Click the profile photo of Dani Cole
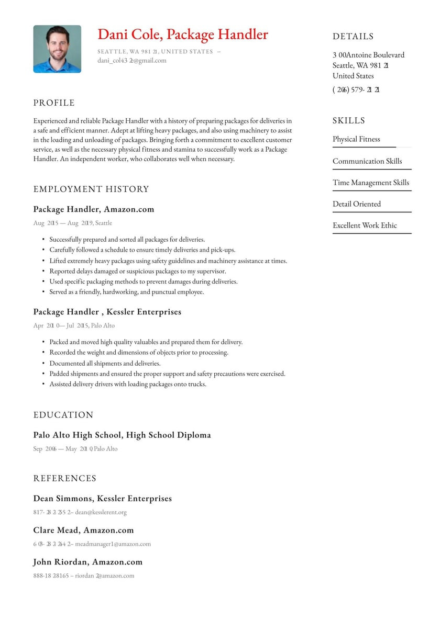coord(57,49)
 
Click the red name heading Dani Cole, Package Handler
coord(183,35)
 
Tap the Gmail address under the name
coord(131,60)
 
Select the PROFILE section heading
coord(54,103)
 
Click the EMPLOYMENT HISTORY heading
coord(91,189)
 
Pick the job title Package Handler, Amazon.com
coord(94,209)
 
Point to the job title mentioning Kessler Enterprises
coord(107,312)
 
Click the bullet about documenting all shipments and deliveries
coord(105,363)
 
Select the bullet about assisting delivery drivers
coord(128,384)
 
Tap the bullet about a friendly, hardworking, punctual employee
coord(127,292)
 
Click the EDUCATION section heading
coord(63,415)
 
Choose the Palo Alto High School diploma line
coord(122,435)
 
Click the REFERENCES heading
coord(65,478)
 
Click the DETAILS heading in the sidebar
coord(353,37)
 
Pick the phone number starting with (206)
coord(356,89)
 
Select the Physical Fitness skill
coord(356,139)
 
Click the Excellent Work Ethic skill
coord(365,225)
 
